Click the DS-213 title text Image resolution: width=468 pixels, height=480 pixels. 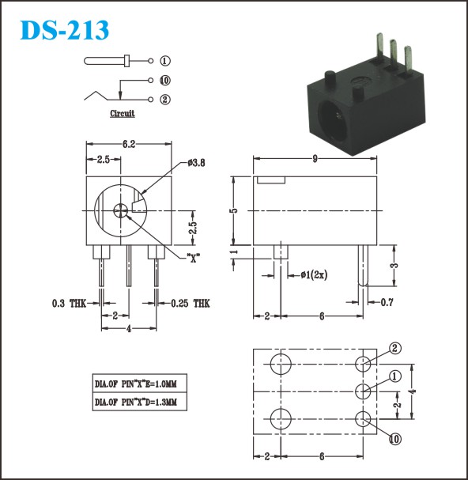[x=65, y=30]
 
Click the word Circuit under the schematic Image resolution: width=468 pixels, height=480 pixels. [x=123, y=113]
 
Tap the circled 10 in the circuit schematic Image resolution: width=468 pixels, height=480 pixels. [x=165, y=81]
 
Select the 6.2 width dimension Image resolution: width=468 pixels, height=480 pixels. [x=129, y=144]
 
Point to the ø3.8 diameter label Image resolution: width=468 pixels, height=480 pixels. [x=197, y=163]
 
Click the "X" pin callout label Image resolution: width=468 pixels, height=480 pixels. [x=194, y=258]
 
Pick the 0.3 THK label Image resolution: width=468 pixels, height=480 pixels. [x=70, y=304]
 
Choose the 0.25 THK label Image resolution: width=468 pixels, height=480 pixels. [x=191, y=304]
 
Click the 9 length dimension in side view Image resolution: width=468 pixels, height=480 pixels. [x=315, y=159]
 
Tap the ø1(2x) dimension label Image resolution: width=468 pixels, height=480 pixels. [x=314, y=275]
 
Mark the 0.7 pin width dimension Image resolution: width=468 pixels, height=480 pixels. [x=387, y=302]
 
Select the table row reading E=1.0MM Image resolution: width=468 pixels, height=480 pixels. [x=140, y=384]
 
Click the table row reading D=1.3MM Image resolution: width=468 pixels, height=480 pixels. [x=140, y=402]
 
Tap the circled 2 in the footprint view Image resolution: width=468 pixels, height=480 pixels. [x=394, y=349]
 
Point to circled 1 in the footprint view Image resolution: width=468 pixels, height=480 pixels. [x=394, y=376]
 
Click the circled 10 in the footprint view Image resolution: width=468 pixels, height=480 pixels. [x=394, y=440]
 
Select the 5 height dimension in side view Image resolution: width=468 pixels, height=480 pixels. [x=234, y=210]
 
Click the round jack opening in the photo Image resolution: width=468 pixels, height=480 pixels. [x=334, y=122]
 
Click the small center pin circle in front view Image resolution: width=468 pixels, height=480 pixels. [x=121, y=210]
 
